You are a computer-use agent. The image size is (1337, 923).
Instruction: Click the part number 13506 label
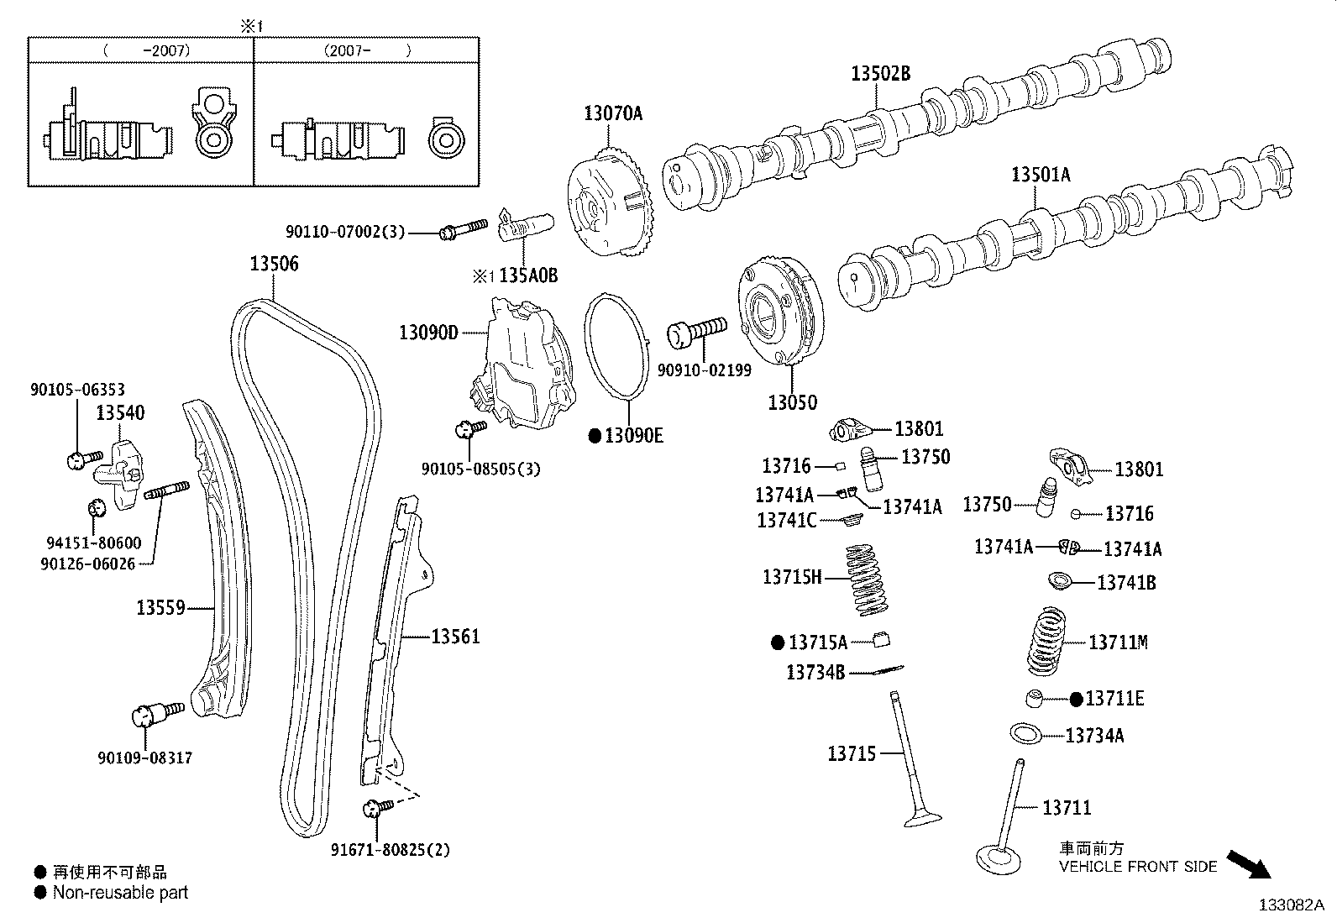click(x=274, y=264)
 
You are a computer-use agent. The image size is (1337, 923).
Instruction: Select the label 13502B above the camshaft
click(x=880, y=73)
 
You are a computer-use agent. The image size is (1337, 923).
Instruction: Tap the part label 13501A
click(x=1041, y=175)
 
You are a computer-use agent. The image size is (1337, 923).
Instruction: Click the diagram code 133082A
click(x=1291, y=905)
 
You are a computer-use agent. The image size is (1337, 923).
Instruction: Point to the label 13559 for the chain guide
click(x=160, y=606)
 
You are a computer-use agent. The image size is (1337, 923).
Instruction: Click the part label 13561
click(x=455, y=637)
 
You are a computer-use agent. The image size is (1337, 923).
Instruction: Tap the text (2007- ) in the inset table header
click(x=367, y=50)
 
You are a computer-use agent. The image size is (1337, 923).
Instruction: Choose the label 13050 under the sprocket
click(x=792, y=402)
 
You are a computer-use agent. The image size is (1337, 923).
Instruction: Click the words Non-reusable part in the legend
click(x=120, y=893)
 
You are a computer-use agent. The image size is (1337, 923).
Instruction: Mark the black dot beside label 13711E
click(x=1077, y=699)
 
